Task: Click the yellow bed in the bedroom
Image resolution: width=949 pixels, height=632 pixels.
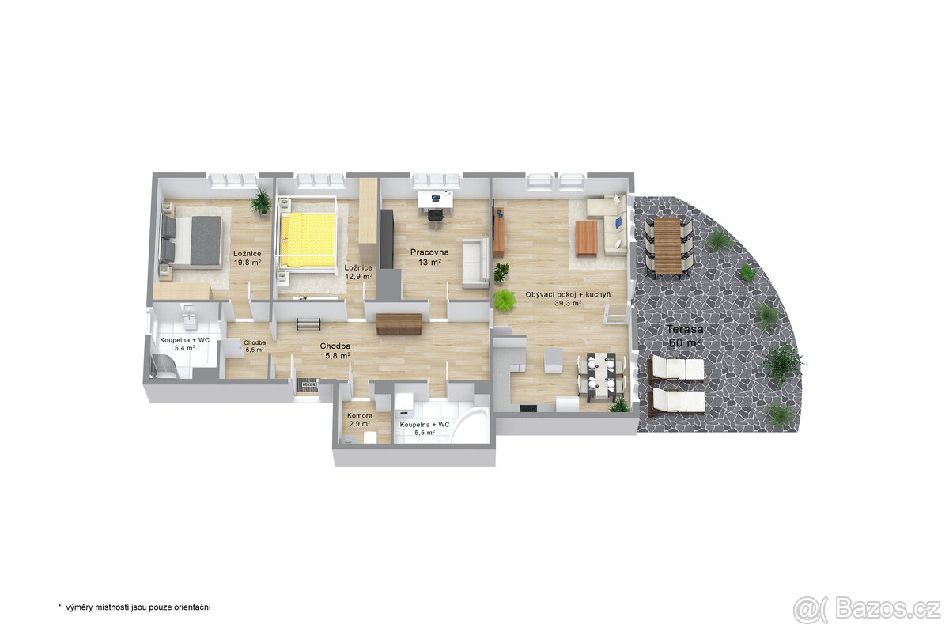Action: (308, 240)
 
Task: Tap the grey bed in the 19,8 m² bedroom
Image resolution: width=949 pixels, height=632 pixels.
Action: (191, 240)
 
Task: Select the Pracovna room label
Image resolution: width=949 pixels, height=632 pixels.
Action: (429, 252)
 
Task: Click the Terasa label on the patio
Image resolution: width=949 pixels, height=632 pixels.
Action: (685, 329)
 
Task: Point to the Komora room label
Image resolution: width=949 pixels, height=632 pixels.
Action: (360, 416)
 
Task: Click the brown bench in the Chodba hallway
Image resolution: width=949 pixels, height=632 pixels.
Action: (399, 324)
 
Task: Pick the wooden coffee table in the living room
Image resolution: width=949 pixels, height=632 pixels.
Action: (586, 239)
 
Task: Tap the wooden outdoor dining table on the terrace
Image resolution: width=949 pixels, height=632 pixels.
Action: (667, 245)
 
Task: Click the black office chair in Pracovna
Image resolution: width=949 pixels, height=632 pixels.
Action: (436, 216)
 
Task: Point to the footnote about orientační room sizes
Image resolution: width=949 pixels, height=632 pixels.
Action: (134, 607)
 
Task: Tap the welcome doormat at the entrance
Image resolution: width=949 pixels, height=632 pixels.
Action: (308, 385)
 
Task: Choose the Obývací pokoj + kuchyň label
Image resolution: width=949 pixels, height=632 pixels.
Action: (568, 294)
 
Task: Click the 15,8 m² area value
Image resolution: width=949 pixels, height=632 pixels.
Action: (335, 356)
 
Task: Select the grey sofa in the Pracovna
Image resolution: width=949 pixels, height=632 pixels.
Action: (475, 263)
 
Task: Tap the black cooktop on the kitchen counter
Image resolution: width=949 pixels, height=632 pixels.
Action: (528, 408)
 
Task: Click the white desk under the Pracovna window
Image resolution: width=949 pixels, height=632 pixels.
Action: (436, 199)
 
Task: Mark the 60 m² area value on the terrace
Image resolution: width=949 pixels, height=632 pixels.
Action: (684, 342)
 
